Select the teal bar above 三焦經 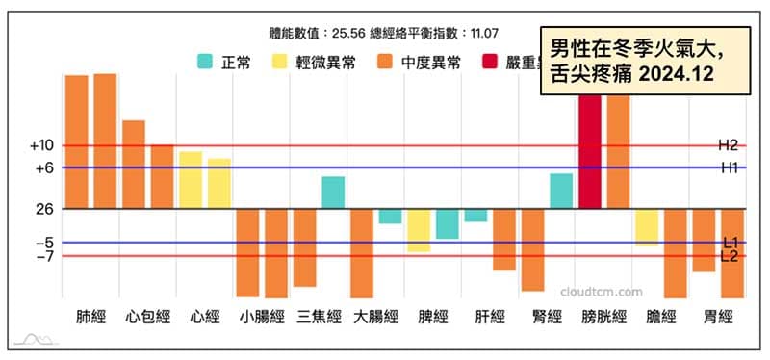(x=333, y=193)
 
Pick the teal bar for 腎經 (x=561, y=191)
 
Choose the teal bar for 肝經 (x=475, y=215)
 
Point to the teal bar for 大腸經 (x=390, y=216)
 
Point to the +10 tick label (x=41, y=146)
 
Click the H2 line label (x=728, y=145)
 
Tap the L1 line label (x=730, y=243)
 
